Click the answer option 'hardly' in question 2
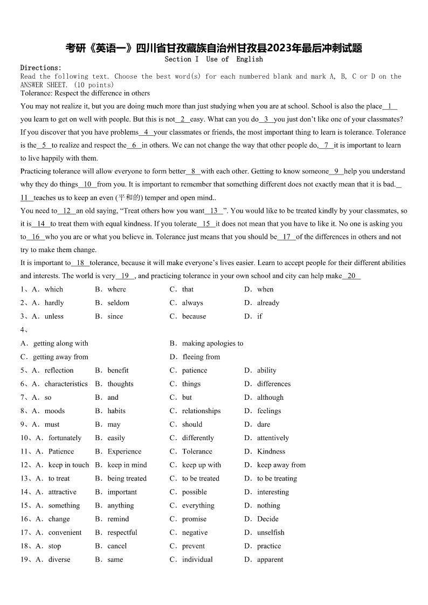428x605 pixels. coord(54,303)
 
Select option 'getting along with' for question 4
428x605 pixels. coord(60,343)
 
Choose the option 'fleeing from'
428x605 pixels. coord(201,357)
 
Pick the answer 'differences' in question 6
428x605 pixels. coord(274,384)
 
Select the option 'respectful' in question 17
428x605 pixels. coord(122,532)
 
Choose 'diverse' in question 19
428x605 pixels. coord(59,559)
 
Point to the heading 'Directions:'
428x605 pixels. coord(41,68)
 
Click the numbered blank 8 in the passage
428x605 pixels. coord(194,171)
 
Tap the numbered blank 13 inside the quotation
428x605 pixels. coord(214,211)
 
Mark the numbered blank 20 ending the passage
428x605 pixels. coord(351,276)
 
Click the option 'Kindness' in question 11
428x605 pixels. coord(271,451)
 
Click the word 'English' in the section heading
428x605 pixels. coord(250,59)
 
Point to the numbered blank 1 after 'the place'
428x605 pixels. coord(390,106)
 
